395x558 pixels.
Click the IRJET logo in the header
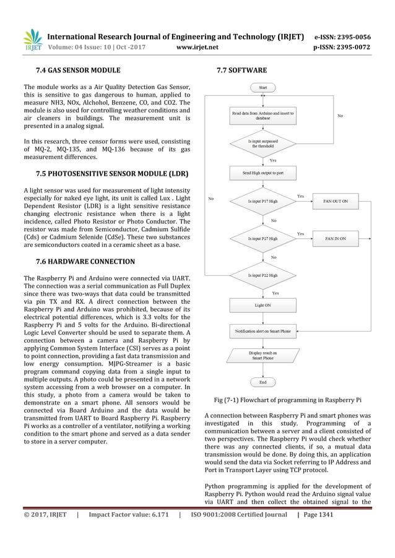[x=32, y=40]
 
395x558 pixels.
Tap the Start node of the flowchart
[x=263, y=88]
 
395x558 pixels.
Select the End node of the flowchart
[x=263, y=382]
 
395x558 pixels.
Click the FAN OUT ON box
[x=336, y=201]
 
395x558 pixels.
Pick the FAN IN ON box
[x=336, y=238]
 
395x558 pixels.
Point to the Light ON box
[x=263, y=305]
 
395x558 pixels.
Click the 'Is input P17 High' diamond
[x=263, y=201]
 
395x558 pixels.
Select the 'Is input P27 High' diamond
[x=263, y=238]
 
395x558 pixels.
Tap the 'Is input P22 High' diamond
[x=263, y=275]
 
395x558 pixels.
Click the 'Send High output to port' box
[x=263, y=173]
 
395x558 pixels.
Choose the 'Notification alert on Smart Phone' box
[x=263, y=331]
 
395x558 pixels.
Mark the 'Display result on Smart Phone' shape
[x=263, y=355]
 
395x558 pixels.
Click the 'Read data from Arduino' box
[x=263, y=116]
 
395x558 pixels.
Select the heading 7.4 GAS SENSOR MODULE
[x=78, y=71]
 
